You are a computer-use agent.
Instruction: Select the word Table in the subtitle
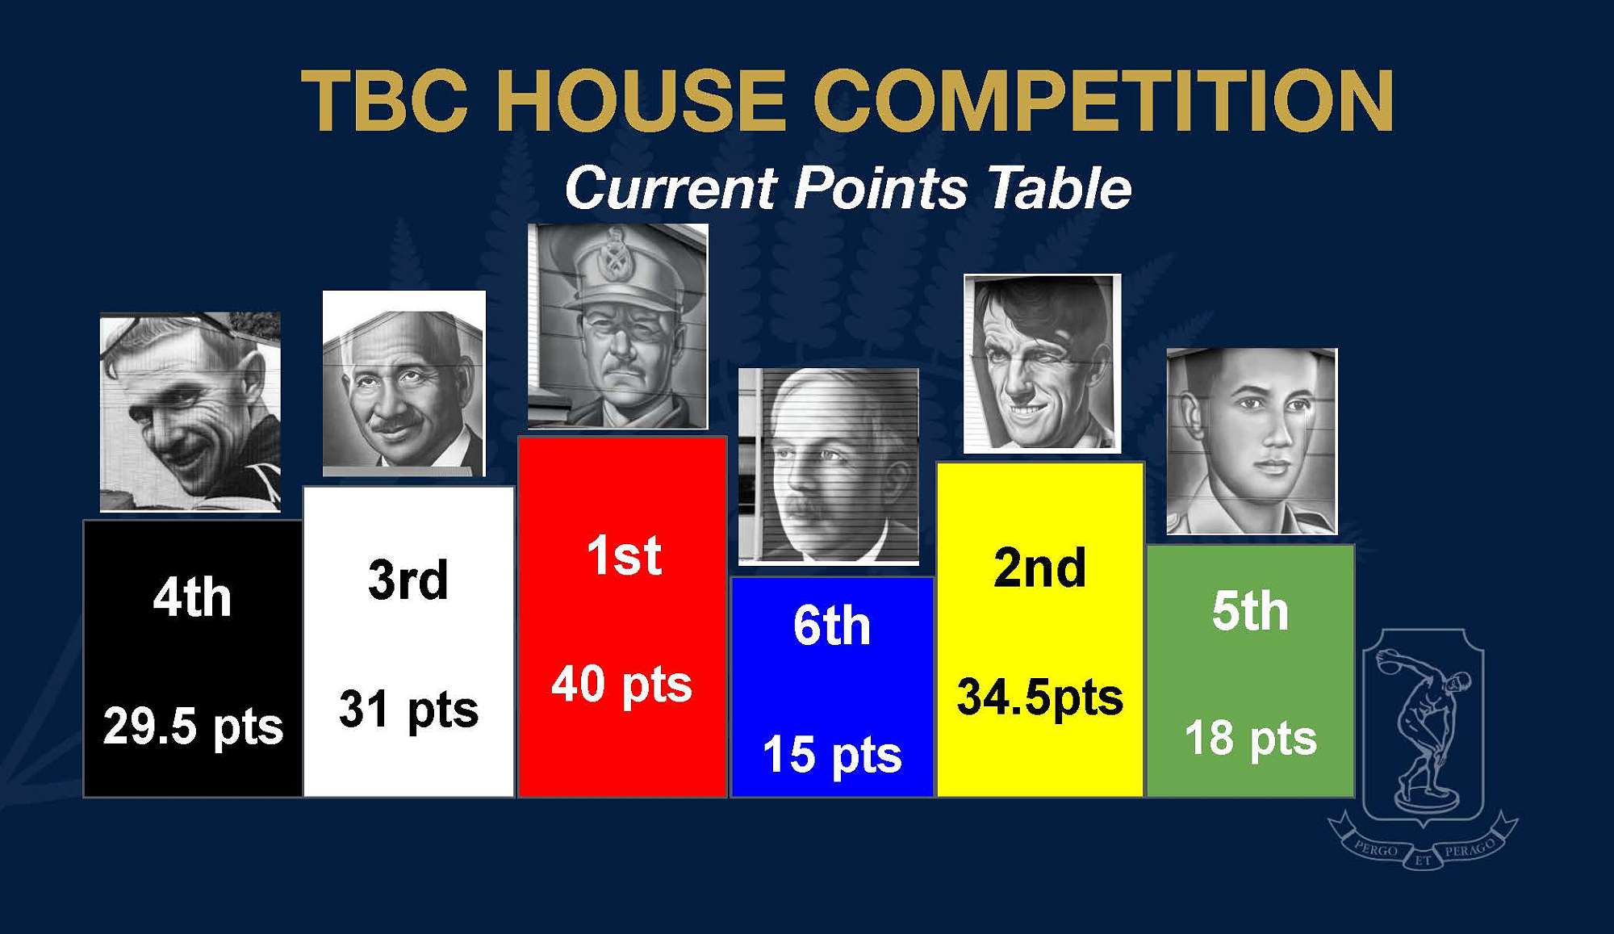pos(1059,188)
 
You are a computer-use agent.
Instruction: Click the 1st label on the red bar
pos(624,556)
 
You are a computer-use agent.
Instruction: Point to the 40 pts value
pos(621,685)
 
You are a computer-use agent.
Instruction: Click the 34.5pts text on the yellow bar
pos(1039,697)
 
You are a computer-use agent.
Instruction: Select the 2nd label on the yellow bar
pos(1039,568)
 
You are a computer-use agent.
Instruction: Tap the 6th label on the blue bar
pos(832,626)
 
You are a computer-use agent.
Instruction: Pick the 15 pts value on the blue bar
pos(832,755)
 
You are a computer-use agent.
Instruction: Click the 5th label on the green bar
pos(1250,611)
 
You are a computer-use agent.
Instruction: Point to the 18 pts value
pos(1250,739)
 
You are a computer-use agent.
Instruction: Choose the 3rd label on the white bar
pos(408,580)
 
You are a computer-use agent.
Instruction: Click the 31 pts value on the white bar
pos(408,710)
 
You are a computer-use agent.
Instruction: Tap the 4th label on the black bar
pos(192,597)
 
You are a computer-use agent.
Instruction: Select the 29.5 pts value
pos(193,726)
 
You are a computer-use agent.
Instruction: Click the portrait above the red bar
pos(618,326)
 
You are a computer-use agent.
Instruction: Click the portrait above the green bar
pos(1252,441)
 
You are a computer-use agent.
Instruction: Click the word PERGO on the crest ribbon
pos(1376,850)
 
